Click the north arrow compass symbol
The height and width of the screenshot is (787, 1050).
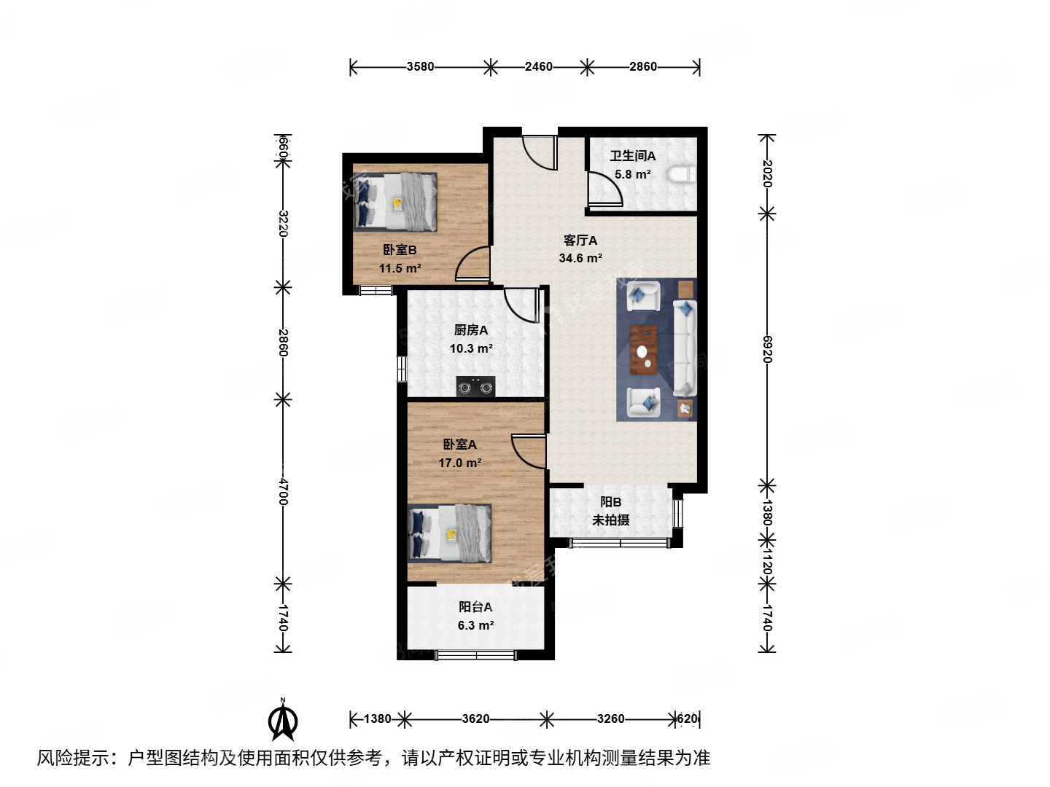coord(282,720)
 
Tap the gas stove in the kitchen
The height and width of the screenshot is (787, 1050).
coord(475,387)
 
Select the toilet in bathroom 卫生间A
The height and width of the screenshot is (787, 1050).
coord(683,175)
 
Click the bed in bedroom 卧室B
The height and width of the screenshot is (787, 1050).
coord(395,202)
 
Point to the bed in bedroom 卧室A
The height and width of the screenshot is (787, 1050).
coord(449,533)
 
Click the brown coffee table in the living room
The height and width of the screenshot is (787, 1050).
coord(643,350)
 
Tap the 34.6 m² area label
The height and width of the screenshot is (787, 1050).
coord(580,259)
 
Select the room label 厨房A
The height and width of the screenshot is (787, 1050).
coord(471,330)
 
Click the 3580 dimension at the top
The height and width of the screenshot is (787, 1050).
coord(420,67)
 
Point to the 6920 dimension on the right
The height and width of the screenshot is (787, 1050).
coord(766,349)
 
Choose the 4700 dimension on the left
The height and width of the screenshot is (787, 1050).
coord(283,491)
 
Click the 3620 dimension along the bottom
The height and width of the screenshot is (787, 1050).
coord(475,719)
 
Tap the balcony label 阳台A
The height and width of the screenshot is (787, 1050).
coord(475,607)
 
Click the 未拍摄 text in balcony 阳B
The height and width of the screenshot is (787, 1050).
coord(610,520)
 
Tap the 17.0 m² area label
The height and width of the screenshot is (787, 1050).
coord(459,463)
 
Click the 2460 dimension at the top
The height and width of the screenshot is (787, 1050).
coord(538,67)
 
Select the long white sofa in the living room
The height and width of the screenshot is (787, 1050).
coord(685,348)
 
